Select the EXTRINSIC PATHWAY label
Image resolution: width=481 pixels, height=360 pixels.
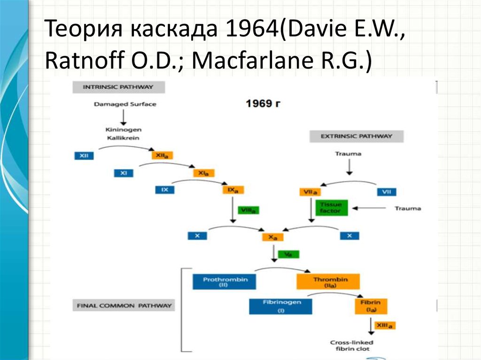tap(356, 137)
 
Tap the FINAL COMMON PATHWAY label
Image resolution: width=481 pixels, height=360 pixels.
tap(124, 306)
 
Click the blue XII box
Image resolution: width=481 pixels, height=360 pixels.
tap(84, 155)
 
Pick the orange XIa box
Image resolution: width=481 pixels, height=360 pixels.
tap(203, 173)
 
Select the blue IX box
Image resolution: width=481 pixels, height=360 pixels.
tap(165, 190)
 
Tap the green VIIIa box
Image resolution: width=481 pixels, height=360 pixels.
tap(249, 210)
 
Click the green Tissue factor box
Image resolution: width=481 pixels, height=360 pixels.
tap(331, 207)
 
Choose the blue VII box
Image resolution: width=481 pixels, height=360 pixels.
tap(387, 191)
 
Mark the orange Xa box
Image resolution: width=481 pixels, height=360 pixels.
tap(273, 237)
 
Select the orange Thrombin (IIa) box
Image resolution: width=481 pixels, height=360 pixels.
tap(328, 282)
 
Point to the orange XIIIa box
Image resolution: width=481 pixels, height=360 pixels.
tap(384, 325)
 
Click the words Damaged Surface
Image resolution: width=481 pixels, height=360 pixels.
tap(124, 104)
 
